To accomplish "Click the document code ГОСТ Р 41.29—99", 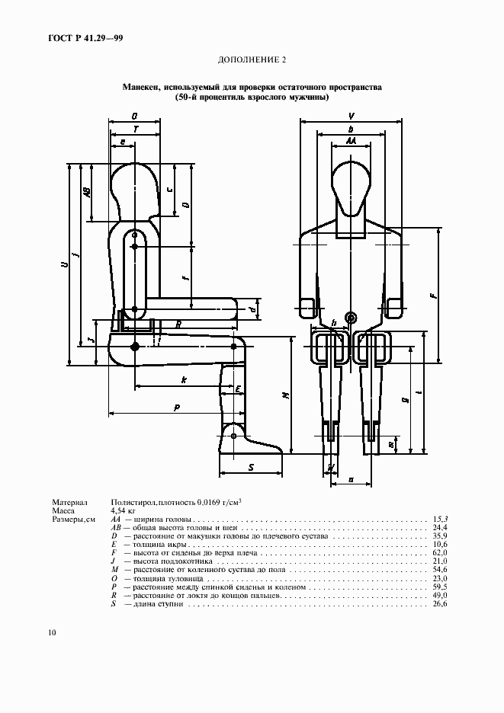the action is coord(85,39).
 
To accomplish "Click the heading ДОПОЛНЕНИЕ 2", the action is coord(252,59).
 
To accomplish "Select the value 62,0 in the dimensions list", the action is coord(440,553).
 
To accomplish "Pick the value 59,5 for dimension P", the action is coord(440,587).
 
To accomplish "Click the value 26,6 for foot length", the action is coord(440,604).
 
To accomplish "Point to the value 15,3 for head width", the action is coord(440,519).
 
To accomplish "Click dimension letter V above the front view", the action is coord(352,117).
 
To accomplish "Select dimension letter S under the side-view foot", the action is coord(251,468).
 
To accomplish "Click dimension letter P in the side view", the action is coord(177,408).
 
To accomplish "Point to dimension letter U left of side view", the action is coord(66,264).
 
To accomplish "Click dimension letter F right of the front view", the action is coord(433,296).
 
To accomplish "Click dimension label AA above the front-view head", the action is coord(351,142).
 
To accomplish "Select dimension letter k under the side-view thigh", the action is coord(184,379).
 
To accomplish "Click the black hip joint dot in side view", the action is coord(135,347).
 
